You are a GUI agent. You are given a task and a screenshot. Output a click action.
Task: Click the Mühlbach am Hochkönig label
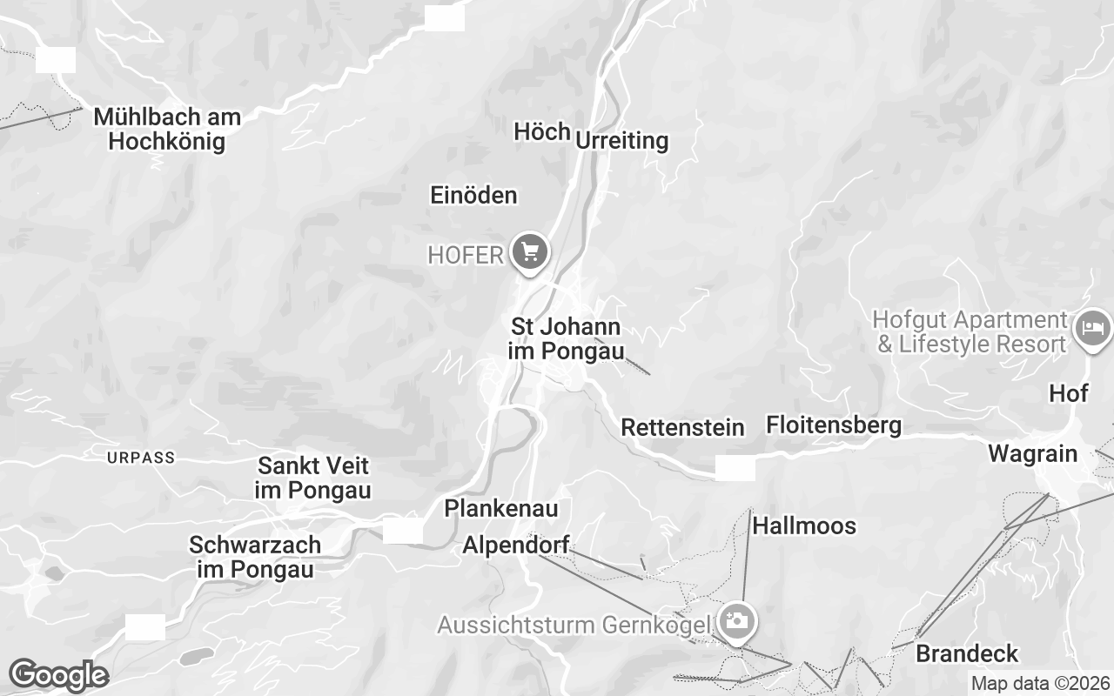pos(167,129)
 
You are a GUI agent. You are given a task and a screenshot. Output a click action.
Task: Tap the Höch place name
pos(541,131)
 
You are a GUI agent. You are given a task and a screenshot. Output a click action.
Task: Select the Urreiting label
pos(621,140)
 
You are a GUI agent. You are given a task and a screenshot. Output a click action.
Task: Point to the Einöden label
pos(473,196)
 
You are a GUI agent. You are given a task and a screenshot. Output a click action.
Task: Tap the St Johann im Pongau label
pos(567,339)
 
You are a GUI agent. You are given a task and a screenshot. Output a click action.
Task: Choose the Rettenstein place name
pos(682,427)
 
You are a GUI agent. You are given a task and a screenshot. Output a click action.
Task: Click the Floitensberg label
pos(833,425)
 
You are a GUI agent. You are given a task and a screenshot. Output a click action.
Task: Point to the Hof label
pos(1068,393)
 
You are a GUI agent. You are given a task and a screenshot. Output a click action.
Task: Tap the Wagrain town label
pos(1032,453)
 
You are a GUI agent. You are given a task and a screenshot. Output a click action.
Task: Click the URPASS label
pos(141,457)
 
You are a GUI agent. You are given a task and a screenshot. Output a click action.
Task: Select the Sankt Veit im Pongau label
pos(313,478)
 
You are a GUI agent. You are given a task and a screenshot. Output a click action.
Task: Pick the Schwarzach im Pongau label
pos(255,557)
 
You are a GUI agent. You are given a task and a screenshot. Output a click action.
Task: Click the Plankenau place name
pos(500,508)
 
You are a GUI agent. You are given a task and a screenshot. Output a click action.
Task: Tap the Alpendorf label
pos(515,545)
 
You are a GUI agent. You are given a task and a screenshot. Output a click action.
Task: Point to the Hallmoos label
pos(803,525)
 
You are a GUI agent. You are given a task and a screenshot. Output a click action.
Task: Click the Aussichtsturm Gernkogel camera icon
pos(737,622)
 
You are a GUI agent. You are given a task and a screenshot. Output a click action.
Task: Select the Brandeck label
pos(966,653)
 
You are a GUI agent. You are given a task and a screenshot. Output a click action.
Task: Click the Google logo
pos(58,675)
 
